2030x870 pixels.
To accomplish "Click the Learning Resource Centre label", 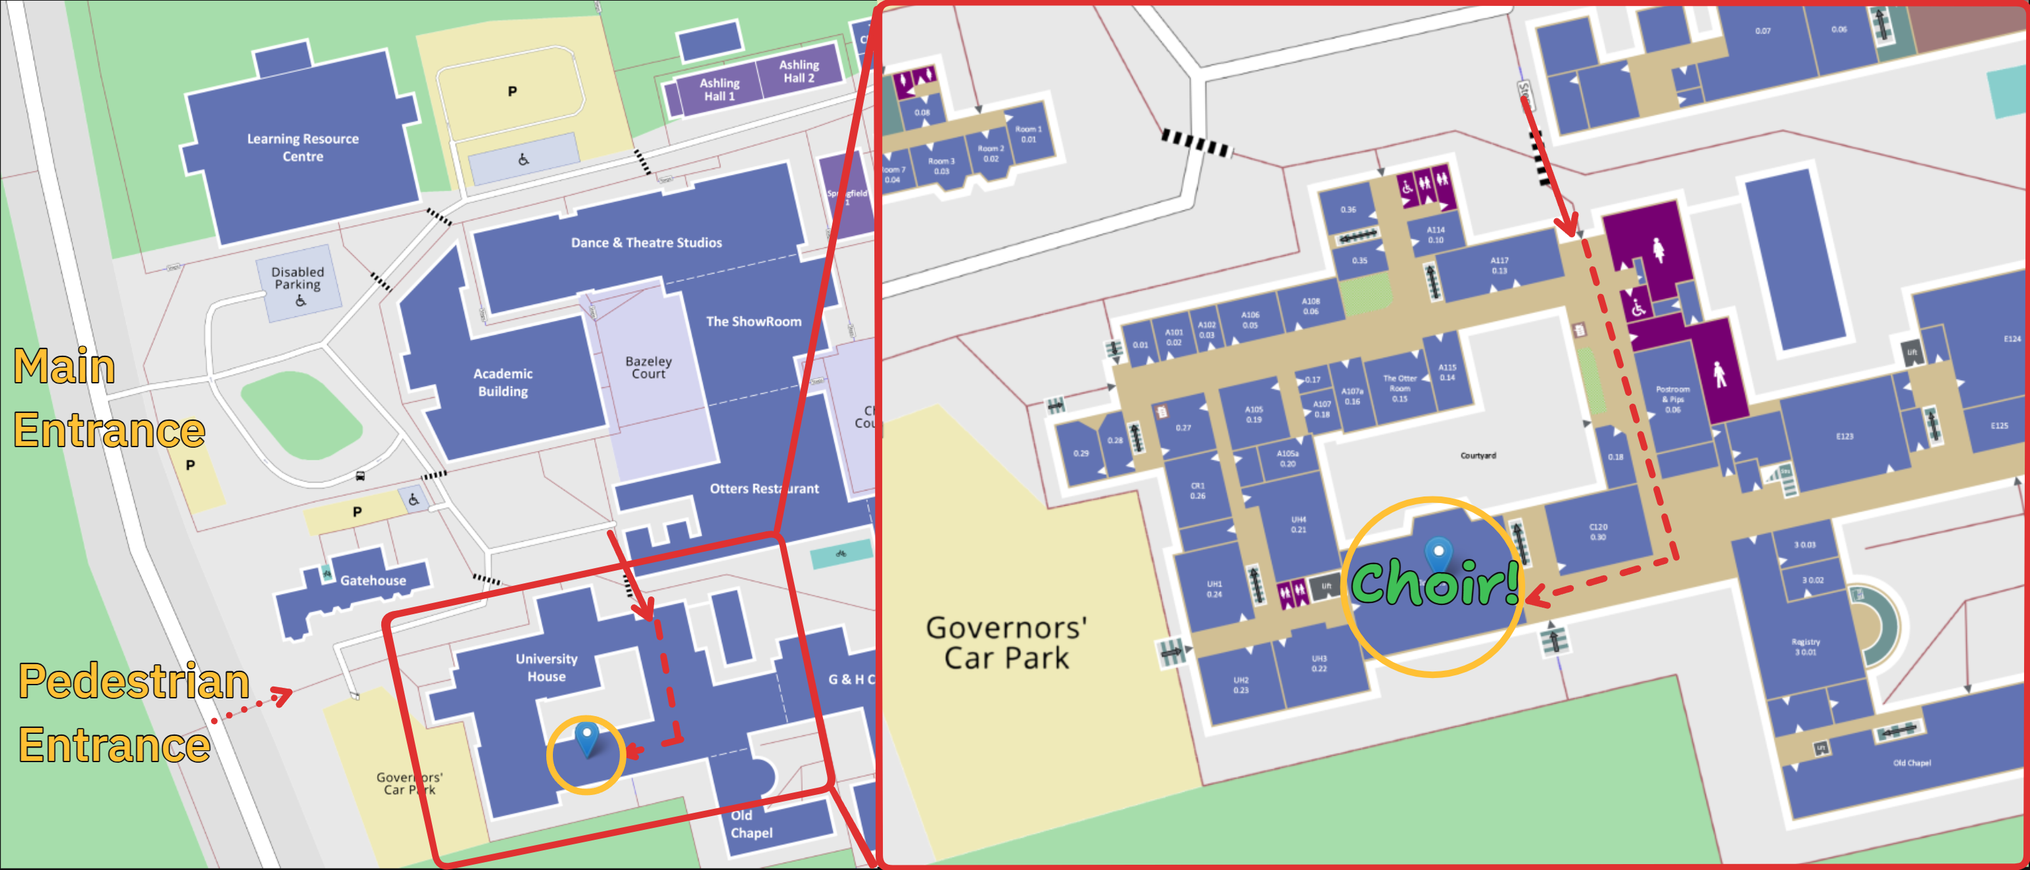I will point(302,147).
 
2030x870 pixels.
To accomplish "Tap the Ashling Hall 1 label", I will point(719,89).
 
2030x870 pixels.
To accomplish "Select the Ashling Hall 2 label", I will point(798,71).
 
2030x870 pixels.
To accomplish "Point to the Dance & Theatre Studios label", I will point(646,243).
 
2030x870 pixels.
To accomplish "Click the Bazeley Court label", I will point(649,367).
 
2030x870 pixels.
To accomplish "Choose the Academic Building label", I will point(503,382).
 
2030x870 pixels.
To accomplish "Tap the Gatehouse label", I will point(373,581).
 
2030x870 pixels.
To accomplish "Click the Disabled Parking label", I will point(297,278).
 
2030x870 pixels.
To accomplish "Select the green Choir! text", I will point(1434,584).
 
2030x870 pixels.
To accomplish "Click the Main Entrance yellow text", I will point(108,399).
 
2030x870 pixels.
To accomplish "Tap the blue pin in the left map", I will point(587,738).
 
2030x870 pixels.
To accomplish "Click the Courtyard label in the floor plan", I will point(1478,456).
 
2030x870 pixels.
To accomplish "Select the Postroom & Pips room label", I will point(1672,399).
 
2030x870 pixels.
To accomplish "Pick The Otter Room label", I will point(1400,388).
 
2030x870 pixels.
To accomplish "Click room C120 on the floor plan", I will point(1597,532).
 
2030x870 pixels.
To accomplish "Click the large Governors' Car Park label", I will point(1006,643).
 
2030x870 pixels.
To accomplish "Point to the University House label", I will point(546,667).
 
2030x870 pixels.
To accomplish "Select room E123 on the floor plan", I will point(1844,436).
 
